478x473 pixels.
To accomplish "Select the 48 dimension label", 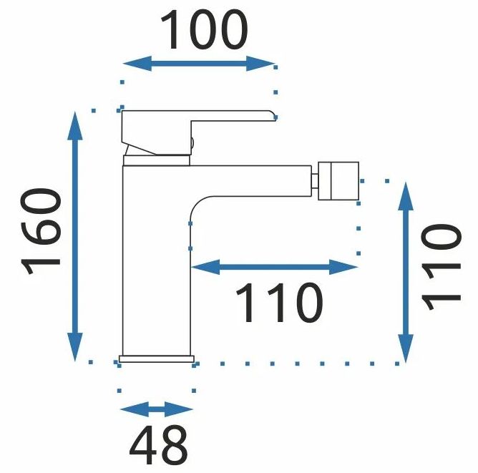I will coord(158,444).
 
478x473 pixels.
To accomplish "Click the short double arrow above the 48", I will coord(156,410).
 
